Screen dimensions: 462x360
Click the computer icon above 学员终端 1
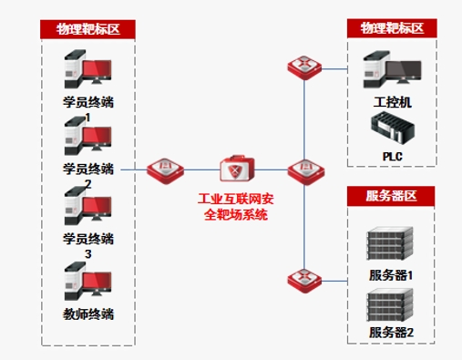[x=87, y=69]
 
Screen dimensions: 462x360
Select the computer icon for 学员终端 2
[x=87, y=136]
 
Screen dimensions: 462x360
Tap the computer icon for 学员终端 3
[x=87, y=206]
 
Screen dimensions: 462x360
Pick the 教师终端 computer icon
[x=87, y=281]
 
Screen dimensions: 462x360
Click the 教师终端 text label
[x=88, y=314]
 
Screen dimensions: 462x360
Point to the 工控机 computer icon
[x=393, y=69]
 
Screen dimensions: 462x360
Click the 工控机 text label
[x=393, y=102]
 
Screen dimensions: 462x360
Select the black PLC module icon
[x=393, y=128]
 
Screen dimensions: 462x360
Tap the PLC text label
[x=393, y=157]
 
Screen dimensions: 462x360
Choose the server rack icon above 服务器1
[x=390, y=243]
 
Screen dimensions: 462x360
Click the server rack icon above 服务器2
[x=390, y=305]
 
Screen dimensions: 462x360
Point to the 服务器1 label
[x=391, y=275]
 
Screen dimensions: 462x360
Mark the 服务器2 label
[x=391, y=332]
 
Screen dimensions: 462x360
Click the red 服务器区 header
[x=391, y=196]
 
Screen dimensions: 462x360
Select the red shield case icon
[x=237, y=169]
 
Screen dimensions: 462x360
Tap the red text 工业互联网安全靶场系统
[x=236, y=207]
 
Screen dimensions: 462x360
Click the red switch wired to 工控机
[x=304, y=67]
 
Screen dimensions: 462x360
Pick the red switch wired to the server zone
[x=304, y=281]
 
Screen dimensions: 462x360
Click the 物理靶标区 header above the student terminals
[x=87, y=29]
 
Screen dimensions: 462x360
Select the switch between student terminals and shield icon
[x=166, y=171]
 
